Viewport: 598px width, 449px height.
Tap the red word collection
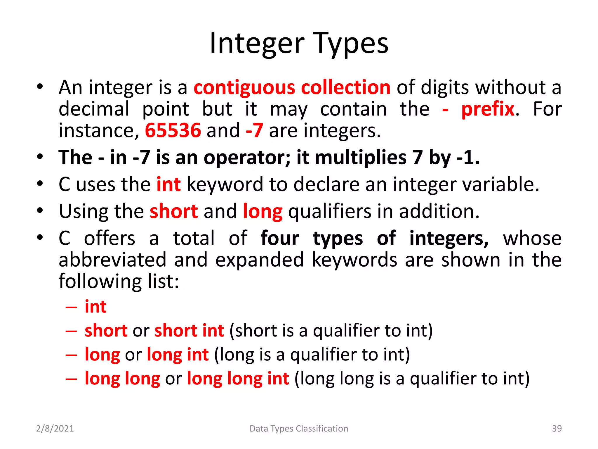pos(346,88)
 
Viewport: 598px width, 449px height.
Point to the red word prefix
pos(488,109)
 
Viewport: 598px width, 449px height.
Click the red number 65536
pos(173,130)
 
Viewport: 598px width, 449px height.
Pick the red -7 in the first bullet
pos(254,130)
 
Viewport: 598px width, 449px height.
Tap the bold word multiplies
pos(361,158)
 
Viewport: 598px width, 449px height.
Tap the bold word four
pos(280,238)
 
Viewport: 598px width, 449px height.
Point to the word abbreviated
pos(112,260)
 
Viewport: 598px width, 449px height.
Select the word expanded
pos(260,260)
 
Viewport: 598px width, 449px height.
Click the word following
pos(100,281)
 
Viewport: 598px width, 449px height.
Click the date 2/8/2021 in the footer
pos(55,429)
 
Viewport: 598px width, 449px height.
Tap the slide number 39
pos(557,429)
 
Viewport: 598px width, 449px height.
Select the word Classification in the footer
pos(322,429)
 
